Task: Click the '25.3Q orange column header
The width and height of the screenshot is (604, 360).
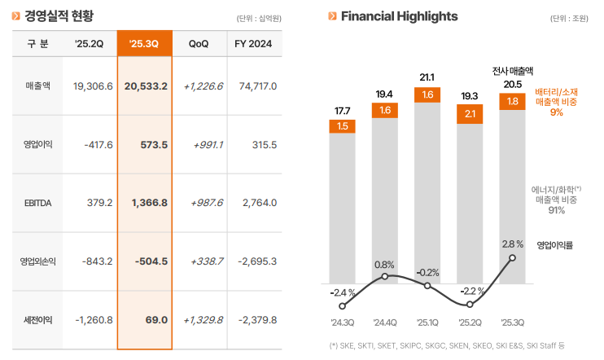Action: (144, 43)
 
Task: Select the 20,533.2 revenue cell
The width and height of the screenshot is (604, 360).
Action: (146, 86)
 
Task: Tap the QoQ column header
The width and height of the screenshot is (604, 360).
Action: (198, 43)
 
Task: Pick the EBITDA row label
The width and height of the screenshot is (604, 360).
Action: (38, 203)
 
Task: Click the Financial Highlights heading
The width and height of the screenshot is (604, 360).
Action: (399, 16)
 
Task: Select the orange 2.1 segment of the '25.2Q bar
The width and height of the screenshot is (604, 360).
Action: (470, 114)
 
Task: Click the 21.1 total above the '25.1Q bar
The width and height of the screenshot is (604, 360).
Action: (427, 77)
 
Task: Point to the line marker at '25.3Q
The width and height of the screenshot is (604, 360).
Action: (512, 259)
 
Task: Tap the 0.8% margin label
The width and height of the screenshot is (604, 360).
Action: (384, 265)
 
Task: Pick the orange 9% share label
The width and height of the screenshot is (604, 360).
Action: (557, 112)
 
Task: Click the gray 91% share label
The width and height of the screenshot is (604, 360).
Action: (557, 210)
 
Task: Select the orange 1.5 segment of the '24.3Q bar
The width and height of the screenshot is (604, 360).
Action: (342, 125)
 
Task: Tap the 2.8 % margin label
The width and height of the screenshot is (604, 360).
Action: (513, 244)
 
